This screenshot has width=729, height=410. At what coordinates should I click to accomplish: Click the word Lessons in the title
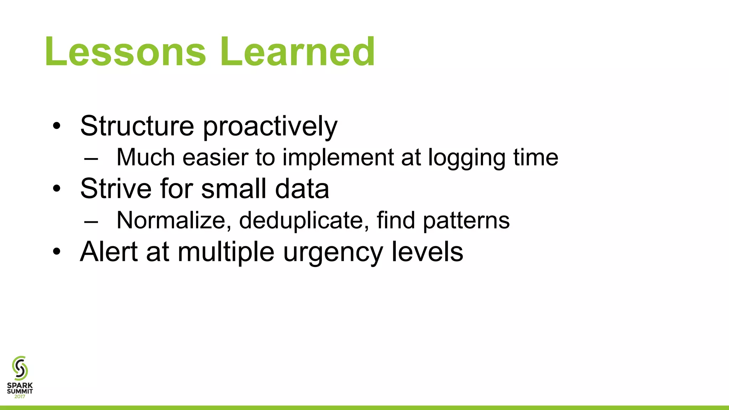(125, 52)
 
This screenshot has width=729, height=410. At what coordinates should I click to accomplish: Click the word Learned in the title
(297, 52)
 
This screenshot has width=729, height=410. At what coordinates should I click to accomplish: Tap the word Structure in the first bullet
(137, 126)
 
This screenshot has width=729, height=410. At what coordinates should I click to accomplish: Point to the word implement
(338, 158)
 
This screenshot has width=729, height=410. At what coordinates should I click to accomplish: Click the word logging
(466, 159)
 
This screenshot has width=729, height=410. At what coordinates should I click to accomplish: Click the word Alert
(109, 252)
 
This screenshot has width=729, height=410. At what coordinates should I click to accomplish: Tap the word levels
(427, 252)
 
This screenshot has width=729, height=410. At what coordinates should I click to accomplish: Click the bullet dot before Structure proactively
(57, 126)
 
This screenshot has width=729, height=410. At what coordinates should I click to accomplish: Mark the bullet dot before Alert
(57, 252)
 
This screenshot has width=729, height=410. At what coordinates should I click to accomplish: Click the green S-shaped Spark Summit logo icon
(20, 368)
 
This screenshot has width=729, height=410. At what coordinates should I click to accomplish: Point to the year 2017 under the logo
(20, 396)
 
